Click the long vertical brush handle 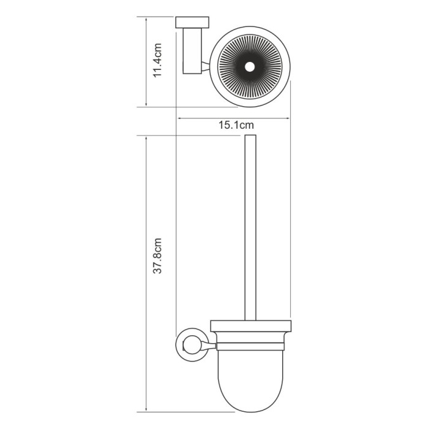click(x=249, y=227)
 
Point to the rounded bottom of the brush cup click(x=249, y=398)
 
